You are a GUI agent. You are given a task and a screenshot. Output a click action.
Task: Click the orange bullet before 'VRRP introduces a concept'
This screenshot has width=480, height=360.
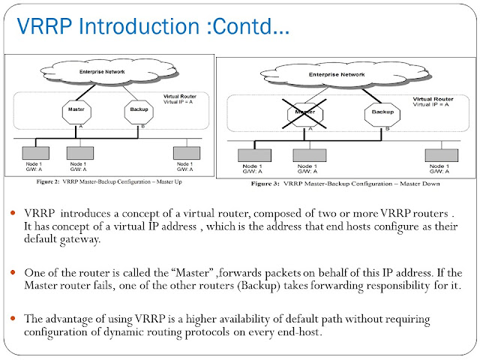15,214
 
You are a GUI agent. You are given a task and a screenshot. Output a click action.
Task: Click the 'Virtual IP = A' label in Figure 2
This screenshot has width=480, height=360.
181,101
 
